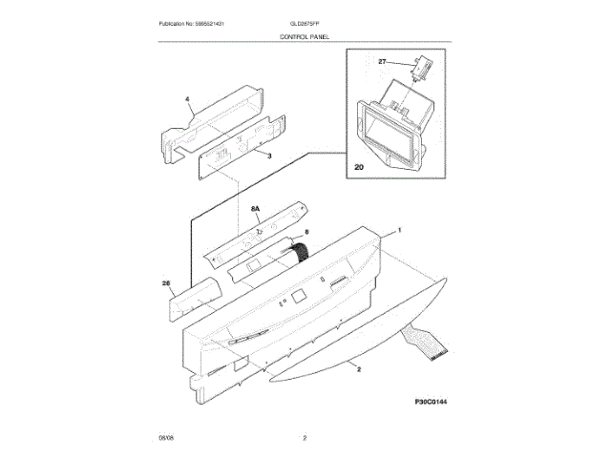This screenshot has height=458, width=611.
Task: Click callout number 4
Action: click(187, 98)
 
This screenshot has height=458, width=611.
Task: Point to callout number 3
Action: click(269, 155)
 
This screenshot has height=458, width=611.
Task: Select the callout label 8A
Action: click(256, 207)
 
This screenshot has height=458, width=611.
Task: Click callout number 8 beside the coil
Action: click(306, 232)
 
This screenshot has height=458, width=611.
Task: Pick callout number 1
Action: click(398, 230)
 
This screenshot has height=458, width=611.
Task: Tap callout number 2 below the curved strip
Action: click(357, 367)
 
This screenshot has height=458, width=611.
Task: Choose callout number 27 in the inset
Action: click(383, 61)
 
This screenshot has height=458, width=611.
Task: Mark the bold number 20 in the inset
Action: click(359, 166)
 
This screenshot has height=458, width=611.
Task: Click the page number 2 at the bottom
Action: click(305, 438)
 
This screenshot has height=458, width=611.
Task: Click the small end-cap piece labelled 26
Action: click(191, 298)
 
